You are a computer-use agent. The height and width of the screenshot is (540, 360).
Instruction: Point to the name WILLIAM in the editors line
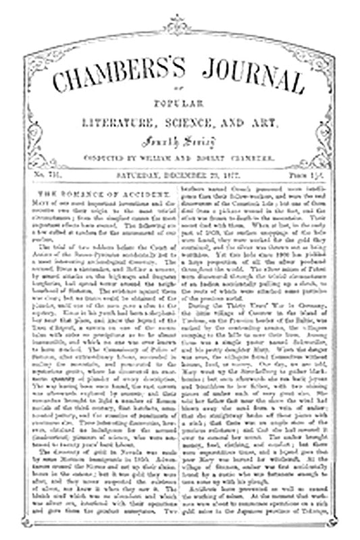pos(166,157)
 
